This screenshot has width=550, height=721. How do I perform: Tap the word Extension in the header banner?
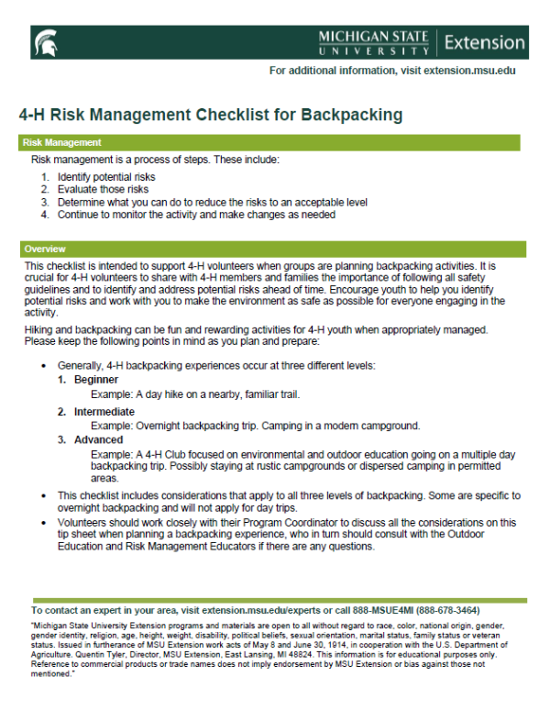485,42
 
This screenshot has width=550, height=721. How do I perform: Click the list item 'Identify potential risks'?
106,176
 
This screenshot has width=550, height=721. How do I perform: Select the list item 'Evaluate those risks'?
103,189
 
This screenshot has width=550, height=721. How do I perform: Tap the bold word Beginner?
96,380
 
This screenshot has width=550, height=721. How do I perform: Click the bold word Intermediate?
104,412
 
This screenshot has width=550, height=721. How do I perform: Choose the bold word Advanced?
98,439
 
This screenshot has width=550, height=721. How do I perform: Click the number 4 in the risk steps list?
44,215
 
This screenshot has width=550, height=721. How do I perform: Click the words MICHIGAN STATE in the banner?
373,36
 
